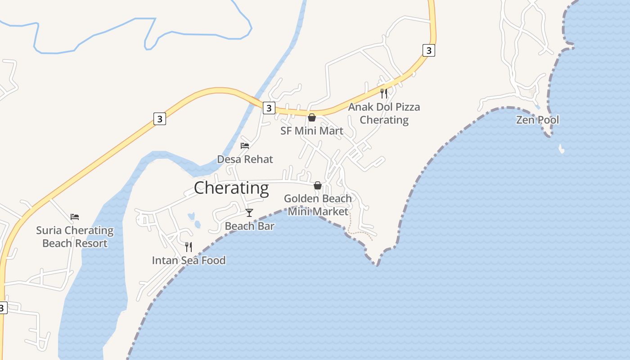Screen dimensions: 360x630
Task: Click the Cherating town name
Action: pos(231,188)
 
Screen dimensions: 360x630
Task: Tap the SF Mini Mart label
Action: pos(312,131)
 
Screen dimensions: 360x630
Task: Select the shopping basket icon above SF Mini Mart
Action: pos(311,117)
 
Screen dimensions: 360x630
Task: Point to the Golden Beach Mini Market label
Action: pos(318,205)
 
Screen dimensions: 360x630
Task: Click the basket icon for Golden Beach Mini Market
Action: pos(318,185)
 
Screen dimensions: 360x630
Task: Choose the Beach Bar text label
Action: pos(249,226)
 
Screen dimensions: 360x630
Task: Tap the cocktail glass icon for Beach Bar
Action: pos(249,213)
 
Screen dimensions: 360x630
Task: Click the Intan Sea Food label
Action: pos(189,260)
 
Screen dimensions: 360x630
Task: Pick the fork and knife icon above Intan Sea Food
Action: pos(189,247)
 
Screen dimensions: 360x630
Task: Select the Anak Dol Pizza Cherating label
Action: pos(384,113)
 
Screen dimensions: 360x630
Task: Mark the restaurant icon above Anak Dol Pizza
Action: pos(384,93)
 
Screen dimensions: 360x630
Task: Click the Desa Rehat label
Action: pos(245,159)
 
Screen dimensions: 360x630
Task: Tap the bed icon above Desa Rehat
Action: pos(245,146)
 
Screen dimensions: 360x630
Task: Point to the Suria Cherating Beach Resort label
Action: pos(75,237)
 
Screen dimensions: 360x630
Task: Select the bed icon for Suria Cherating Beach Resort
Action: pos(75,217)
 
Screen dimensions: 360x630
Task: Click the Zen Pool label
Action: pos(537,120)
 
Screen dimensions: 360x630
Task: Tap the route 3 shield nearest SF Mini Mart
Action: pos(269,108)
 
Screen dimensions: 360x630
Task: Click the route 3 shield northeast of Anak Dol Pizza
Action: pos(429,50)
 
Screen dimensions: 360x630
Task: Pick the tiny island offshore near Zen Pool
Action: pos(561,148)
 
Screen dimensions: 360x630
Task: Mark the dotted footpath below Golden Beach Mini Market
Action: pos(360,233)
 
